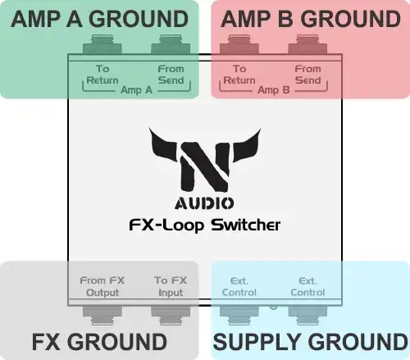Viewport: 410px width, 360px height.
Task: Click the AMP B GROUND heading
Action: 311,18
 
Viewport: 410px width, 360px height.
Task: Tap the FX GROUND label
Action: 99,341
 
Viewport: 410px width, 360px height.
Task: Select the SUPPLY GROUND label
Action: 311,341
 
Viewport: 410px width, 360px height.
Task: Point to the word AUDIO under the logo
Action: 203,203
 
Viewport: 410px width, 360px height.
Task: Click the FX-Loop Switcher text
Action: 204,224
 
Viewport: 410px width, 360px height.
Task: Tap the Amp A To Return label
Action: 102,75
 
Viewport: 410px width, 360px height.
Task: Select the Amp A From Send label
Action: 171,75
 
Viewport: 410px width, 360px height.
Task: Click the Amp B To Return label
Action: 239,75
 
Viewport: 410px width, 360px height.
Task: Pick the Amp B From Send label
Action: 307,75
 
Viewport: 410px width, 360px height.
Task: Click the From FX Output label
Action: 103,286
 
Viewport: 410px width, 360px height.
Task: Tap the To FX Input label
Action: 171,286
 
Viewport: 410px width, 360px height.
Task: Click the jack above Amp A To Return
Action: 102,44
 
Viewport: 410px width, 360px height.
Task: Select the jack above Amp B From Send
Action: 307,44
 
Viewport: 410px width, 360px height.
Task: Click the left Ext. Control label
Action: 239,286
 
